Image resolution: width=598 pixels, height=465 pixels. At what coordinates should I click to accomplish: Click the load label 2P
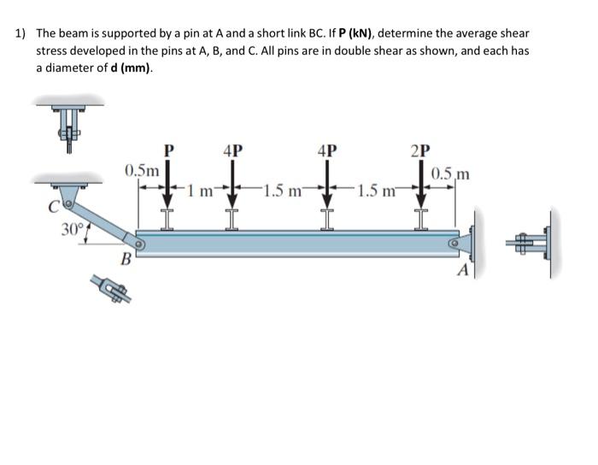422,151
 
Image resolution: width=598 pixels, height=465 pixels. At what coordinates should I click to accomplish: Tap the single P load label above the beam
169,151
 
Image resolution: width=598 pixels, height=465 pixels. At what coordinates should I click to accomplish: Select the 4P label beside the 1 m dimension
232,151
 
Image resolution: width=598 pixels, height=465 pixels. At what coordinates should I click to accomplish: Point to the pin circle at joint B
137,243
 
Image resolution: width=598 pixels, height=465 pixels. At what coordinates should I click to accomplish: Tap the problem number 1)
21,34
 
